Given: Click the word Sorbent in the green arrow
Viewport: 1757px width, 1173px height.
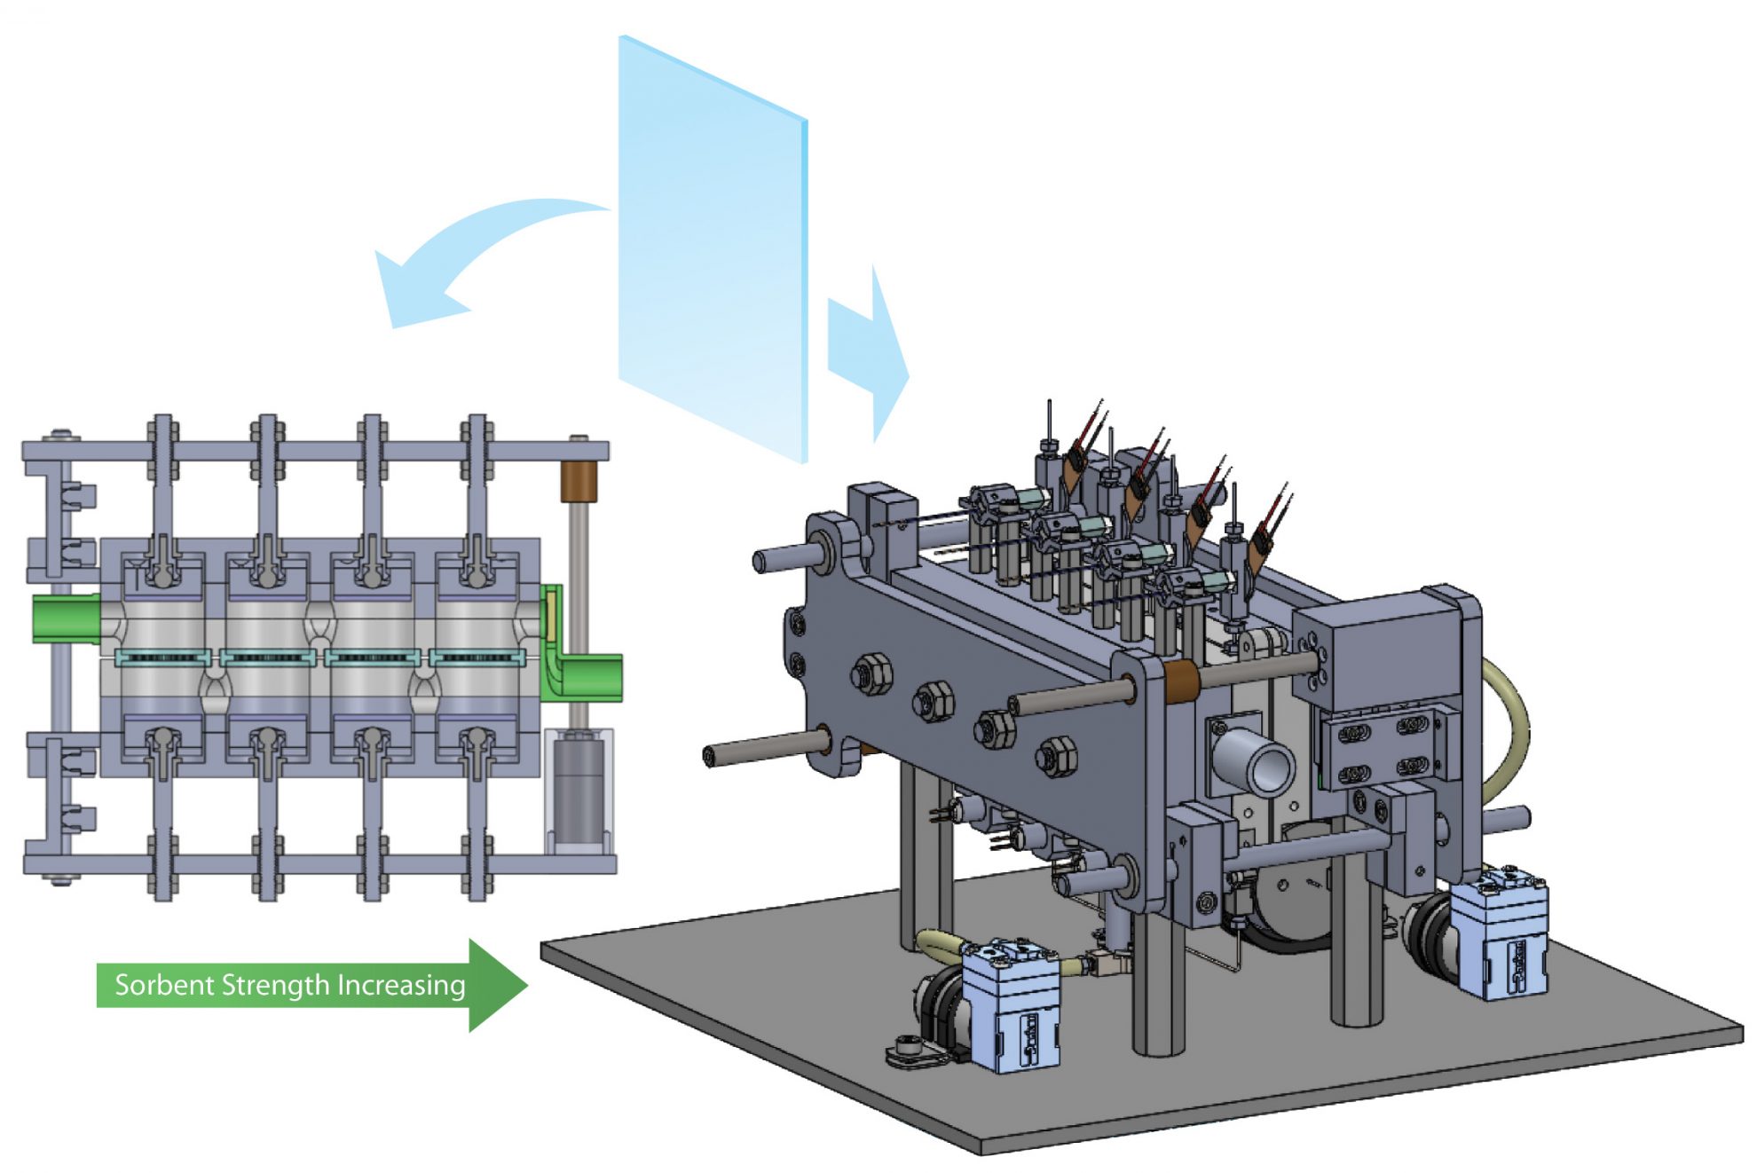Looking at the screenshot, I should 165,985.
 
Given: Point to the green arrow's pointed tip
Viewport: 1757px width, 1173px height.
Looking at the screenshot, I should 525,985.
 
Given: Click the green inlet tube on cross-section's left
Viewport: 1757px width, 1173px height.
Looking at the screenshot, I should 67,618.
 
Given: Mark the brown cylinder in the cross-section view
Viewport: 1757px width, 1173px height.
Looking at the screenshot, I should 579,480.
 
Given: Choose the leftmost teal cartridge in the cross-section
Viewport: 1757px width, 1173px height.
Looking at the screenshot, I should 163,657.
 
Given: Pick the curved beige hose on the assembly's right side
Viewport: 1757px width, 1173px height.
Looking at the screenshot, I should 1509,728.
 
